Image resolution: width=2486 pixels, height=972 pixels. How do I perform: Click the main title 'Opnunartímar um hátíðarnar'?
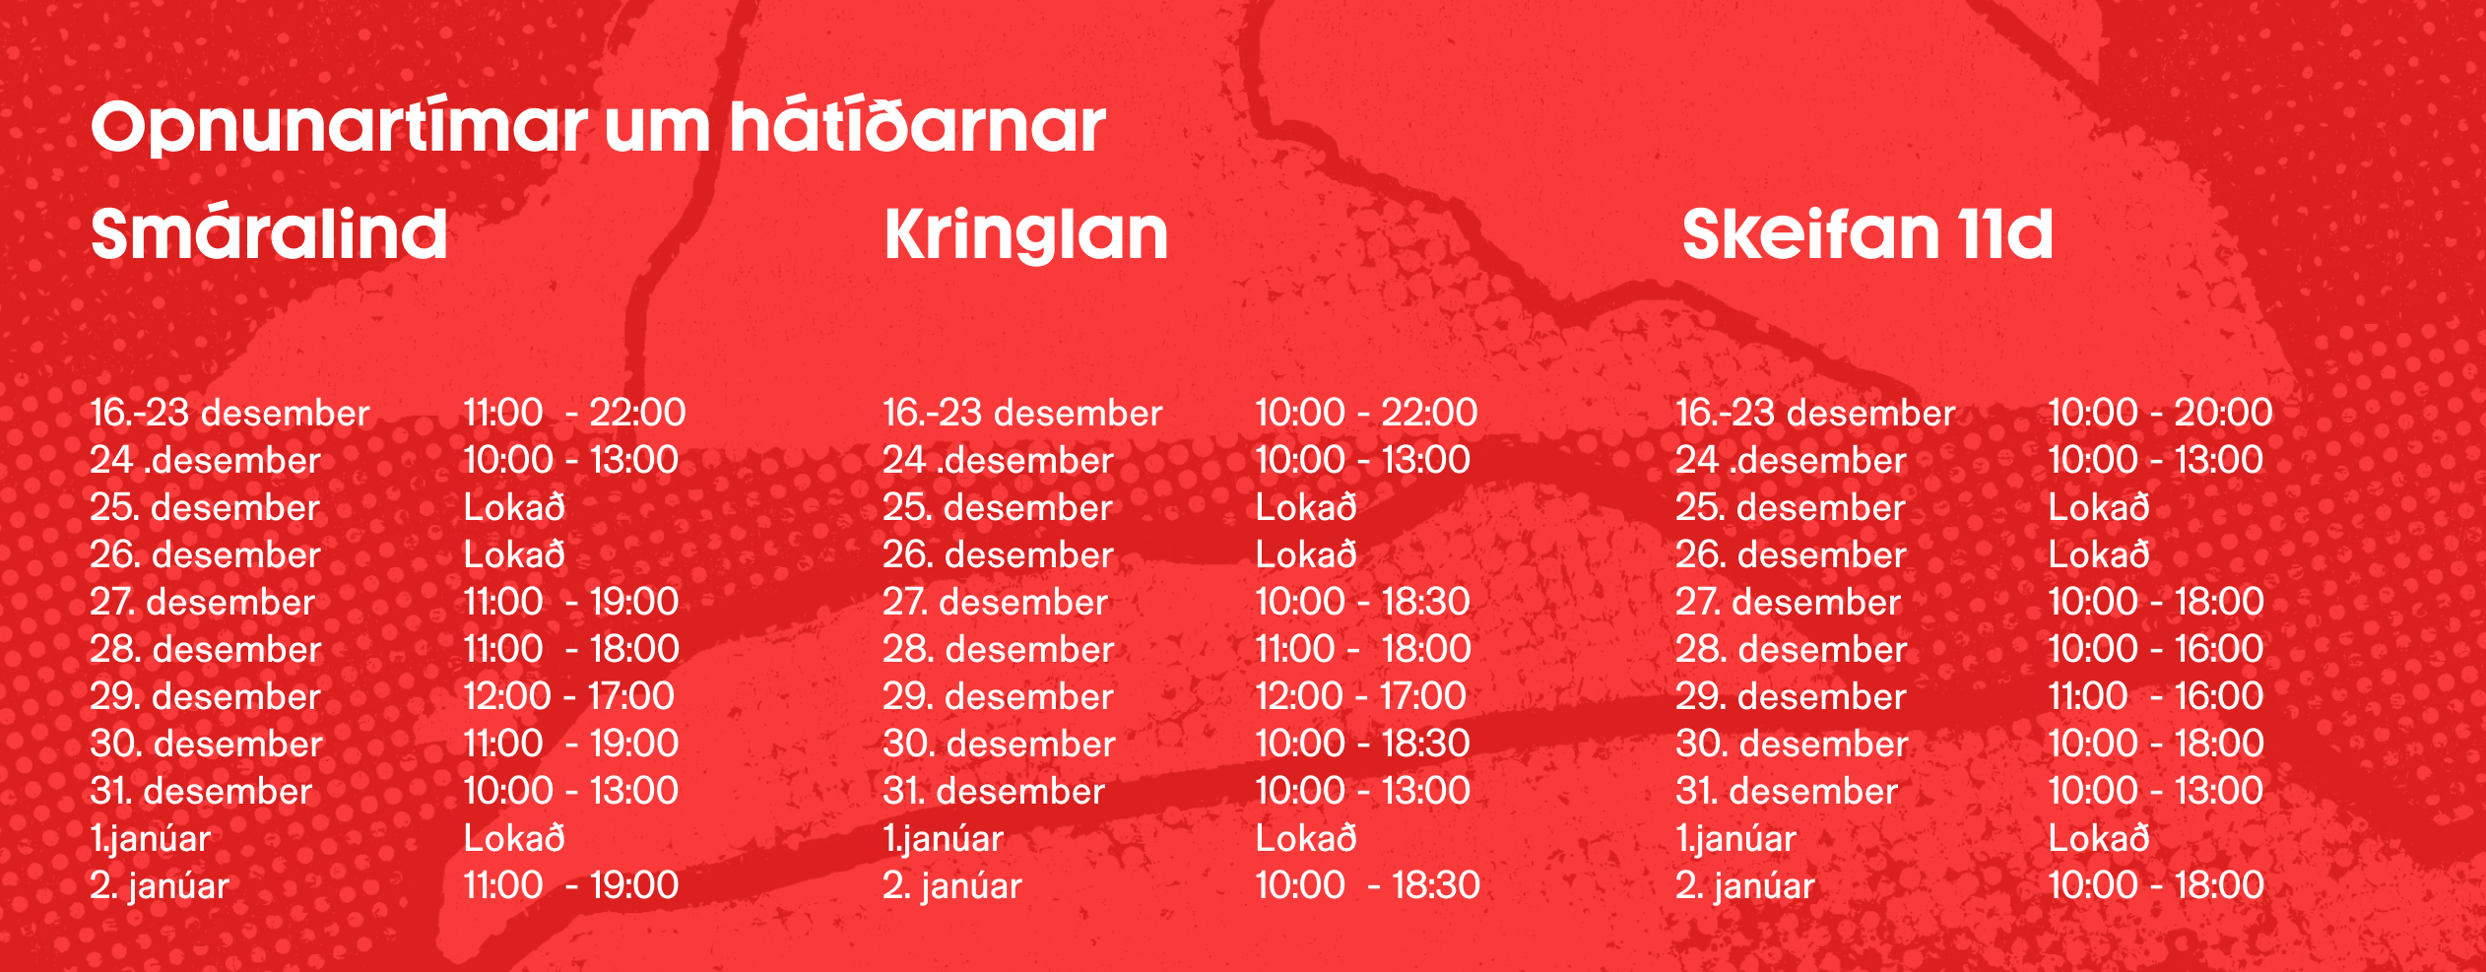pos(598,127)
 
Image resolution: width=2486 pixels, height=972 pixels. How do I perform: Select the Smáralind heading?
pos(269,233)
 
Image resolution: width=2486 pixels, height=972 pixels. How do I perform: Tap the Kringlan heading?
pos(1026,233)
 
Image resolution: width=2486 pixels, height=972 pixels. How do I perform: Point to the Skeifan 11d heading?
pos(1867,233)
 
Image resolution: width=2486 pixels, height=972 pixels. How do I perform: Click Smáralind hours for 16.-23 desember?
pos(574,413)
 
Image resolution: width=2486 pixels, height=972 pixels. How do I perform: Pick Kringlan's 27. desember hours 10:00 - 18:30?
pos(1362,602)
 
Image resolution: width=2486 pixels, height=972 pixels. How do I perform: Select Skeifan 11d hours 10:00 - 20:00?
pos(2160,413)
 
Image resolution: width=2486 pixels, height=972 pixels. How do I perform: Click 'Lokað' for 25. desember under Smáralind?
pos(514,507)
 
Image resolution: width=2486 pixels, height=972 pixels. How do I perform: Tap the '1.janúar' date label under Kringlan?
pos(943,839)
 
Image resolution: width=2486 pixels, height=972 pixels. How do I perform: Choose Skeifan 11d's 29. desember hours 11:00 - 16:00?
pos(2155,696)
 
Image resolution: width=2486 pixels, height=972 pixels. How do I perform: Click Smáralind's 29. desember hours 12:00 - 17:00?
pos(568,696)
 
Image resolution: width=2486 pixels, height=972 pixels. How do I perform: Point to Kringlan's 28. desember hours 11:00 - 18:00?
pos(1363,649)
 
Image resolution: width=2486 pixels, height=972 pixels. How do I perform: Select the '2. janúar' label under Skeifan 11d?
pos(1744,886)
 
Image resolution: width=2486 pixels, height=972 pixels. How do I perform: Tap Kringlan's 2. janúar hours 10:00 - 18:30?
pos(1367,885)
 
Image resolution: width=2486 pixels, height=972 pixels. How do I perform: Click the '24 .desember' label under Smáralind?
pos(205,460)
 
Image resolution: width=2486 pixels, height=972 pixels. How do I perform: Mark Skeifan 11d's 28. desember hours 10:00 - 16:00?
pos(2155,649)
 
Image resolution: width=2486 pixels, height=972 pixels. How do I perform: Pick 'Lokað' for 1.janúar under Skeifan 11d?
pos(2099,838)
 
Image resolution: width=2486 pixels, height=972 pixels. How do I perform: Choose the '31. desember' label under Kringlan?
pos(994,791)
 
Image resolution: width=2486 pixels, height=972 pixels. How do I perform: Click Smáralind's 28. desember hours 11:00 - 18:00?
pos(571,649)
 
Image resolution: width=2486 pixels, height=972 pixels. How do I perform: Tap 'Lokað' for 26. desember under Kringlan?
pos(1306,554)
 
